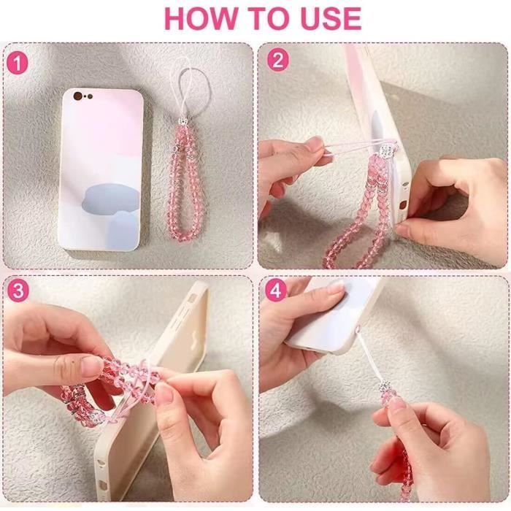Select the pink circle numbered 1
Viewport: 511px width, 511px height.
point(18,64)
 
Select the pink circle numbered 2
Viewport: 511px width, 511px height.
point(277,60)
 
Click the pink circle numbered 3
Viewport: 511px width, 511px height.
point(18,290)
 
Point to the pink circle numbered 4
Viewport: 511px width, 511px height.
point(276,290)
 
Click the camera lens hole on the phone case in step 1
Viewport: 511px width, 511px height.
point(78,96)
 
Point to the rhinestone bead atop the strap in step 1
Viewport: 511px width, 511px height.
point(183,123)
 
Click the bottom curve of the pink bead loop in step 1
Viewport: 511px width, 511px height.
point(187,234)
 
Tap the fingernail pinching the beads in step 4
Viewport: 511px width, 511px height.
point(396,405)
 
